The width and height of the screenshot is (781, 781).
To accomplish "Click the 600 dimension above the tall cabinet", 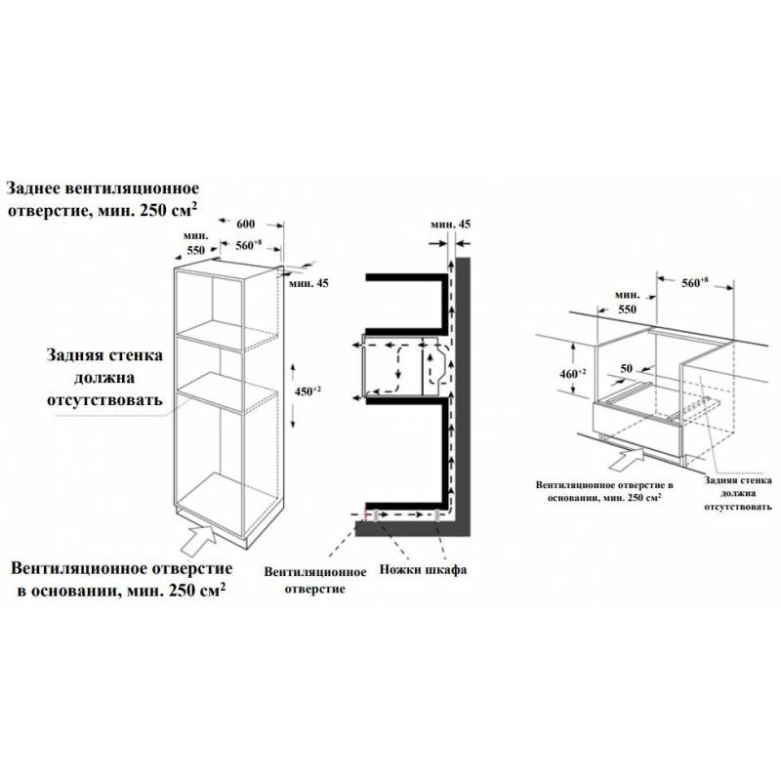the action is coord(246,225).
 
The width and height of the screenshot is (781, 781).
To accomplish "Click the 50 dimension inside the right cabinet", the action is coord(626,369).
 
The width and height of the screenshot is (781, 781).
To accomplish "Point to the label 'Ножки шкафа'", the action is coord(423,569).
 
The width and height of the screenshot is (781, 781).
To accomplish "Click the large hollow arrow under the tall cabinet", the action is coord(198,540).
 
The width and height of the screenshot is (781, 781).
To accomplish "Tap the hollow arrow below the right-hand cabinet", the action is coord(626,458).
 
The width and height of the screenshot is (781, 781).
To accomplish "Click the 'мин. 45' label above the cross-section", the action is coord(450,225).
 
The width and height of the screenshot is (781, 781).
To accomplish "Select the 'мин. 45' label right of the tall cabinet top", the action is coord(308,283).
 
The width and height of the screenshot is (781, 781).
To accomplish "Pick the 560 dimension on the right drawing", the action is coord(694,282).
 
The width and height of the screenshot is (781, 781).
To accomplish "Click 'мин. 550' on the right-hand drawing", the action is coord(627,303).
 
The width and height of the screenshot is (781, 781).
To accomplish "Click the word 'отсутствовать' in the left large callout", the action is coord(104,400).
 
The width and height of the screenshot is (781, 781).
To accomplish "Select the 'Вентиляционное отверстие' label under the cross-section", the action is coord(314,580).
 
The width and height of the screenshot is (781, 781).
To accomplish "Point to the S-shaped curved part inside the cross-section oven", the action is coord(437,366).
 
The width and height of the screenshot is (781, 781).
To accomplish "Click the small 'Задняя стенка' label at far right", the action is coord(738,480).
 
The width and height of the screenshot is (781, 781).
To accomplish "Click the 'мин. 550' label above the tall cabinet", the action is coord(196,242).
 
